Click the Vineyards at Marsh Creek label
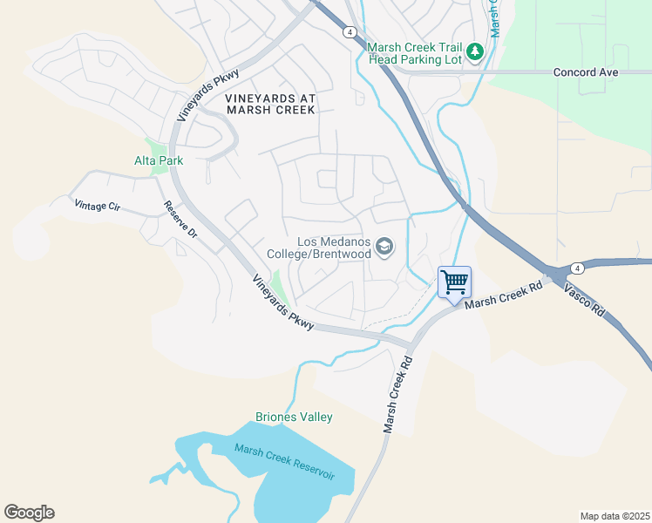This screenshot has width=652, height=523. point(270,105)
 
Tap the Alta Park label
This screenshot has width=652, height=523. point(159,160)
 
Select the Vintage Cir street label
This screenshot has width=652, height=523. point(96,206)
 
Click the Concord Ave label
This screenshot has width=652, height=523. point(586,72)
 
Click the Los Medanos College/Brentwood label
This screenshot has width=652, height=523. point(335,248)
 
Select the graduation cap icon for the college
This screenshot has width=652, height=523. point(384,248)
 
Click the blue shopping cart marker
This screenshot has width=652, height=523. point(454,282)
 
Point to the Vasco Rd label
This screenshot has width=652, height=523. point(584,297)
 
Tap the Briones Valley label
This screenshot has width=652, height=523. point(294,418)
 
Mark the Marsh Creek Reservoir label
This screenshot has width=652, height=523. point(285,461)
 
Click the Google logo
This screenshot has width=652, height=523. point(29,513)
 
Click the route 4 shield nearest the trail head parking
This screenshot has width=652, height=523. point(349,32)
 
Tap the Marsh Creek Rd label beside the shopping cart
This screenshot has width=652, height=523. point(505,294)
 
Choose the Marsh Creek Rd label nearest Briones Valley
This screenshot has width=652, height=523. point(396,393)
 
